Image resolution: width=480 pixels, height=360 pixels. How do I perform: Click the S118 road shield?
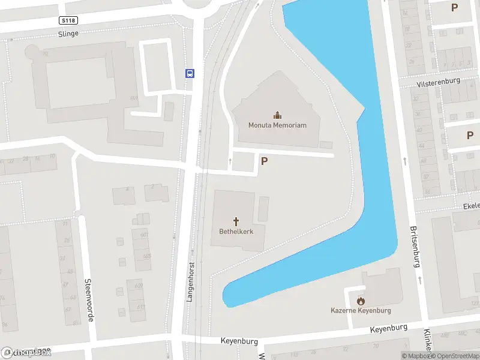click(68, 20)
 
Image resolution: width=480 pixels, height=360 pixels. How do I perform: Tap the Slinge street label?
click(68, 34)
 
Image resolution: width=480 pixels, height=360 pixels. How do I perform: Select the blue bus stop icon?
click(190, 74)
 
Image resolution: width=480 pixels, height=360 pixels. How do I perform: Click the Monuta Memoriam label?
click(277, 125)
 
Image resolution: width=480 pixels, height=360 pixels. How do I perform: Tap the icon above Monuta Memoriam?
click(277, 115)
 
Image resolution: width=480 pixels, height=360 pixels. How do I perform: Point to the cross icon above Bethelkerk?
click(236, 221)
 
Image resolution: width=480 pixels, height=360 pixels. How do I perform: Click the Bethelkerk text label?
click(236, 231)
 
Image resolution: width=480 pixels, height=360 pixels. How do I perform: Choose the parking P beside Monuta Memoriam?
click(263, 160)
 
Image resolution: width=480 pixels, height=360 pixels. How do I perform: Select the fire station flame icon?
click(361, 301)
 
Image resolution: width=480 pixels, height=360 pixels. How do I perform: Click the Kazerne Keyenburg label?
click(361, 310)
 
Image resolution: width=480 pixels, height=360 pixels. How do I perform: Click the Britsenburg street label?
click(413, 246)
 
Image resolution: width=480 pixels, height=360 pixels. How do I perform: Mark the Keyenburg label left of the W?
click(239, 341)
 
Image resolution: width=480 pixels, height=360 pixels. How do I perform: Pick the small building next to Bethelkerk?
click(263, 208)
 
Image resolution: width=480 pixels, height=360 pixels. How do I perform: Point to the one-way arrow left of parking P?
click(230, 161)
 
